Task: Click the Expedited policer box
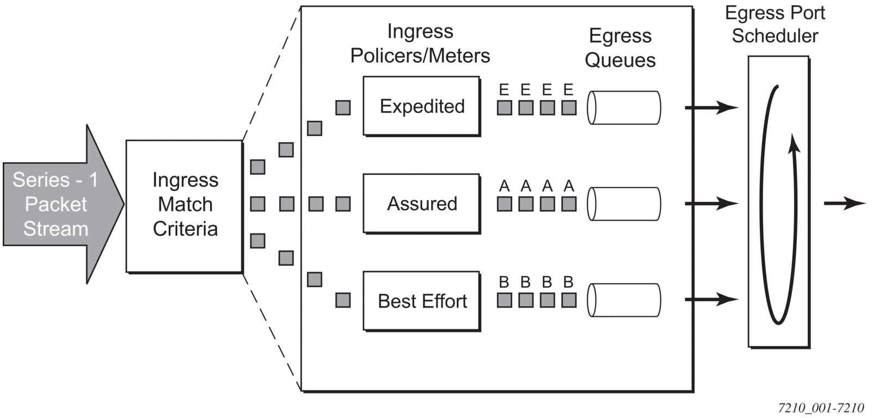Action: [422, 106]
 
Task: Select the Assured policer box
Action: [422, 204]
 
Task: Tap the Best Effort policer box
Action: [422, 301]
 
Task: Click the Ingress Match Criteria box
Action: [185, 206]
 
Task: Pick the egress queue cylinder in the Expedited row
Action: [624, 108]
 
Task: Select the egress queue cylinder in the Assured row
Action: [624, 204]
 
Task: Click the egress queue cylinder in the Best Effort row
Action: [624, 300]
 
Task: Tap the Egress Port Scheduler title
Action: [775, 24]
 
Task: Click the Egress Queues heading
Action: [620, 48]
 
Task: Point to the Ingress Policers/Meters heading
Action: [420, 43]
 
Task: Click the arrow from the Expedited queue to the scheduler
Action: [711, 107]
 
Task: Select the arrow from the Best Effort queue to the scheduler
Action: [711, 299]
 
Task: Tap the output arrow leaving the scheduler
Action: [844, 203]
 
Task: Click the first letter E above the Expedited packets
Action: [504, 90]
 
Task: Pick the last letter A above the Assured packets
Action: [569, 186]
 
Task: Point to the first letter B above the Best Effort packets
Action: [504, 282]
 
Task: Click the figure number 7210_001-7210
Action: [821, 408]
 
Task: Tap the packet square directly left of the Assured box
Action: [343, 204]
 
